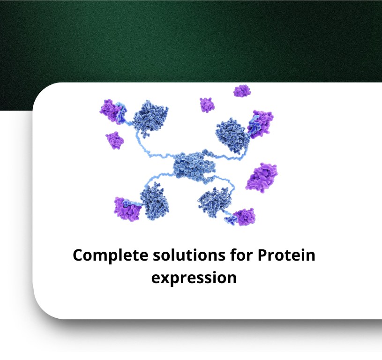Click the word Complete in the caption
(110, 256)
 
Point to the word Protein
(286, 255)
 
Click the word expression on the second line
(194, 278)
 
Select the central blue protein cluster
(194, 166)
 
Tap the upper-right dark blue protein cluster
(232, 135)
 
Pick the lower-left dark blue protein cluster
(154, 202)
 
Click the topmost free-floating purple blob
(242, 91)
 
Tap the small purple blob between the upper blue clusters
(207, 105)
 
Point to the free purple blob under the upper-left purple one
(114, 140)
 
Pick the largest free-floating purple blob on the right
(262, 177)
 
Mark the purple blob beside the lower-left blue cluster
(127, 210)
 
